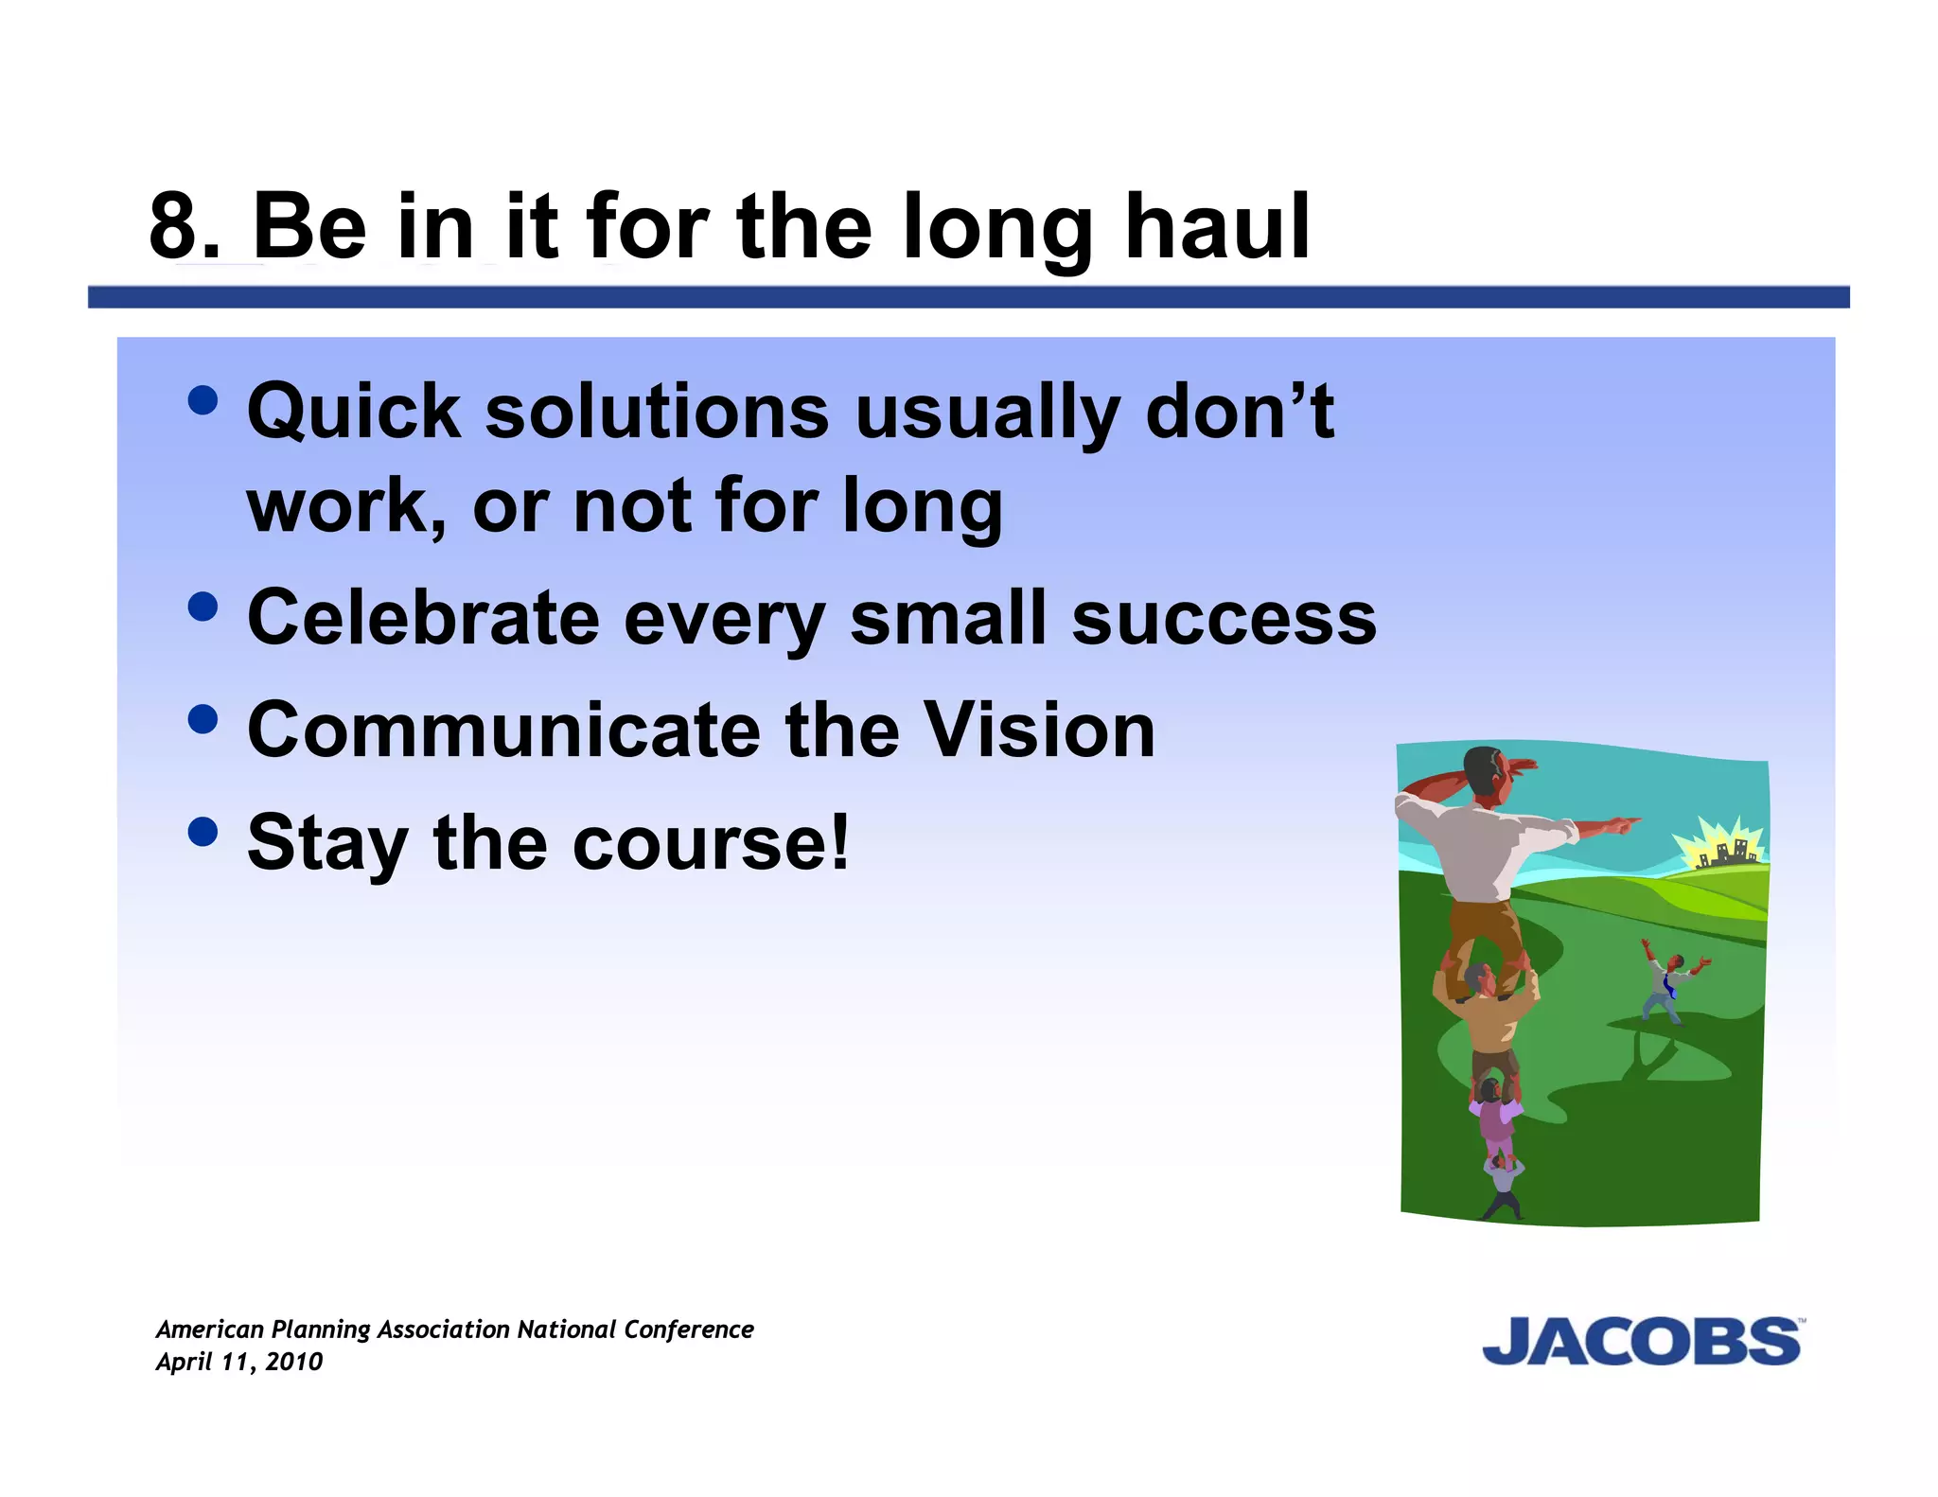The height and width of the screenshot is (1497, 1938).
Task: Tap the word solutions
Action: tap(657, 413)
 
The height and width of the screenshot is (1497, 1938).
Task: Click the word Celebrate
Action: tap(423, 618)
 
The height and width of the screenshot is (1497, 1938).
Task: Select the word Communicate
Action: tap(502, 731)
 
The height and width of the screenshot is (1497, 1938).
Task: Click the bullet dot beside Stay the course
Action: tap(203, 832)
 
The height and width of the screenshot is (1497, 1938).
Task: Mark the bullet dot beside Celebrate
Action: tap(203, 607)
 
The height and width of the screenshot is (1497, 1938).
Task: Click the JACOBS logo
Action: tap(1641, 1342)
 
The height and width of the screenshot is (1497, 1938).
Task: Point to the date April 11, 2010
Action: tap(239, 1362)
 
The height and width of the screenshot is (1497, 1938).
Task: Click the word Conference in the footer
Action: tap(688, 1330)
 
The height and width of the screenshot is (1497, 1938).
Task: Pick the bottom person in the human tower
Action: tap(1502, 1190)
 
